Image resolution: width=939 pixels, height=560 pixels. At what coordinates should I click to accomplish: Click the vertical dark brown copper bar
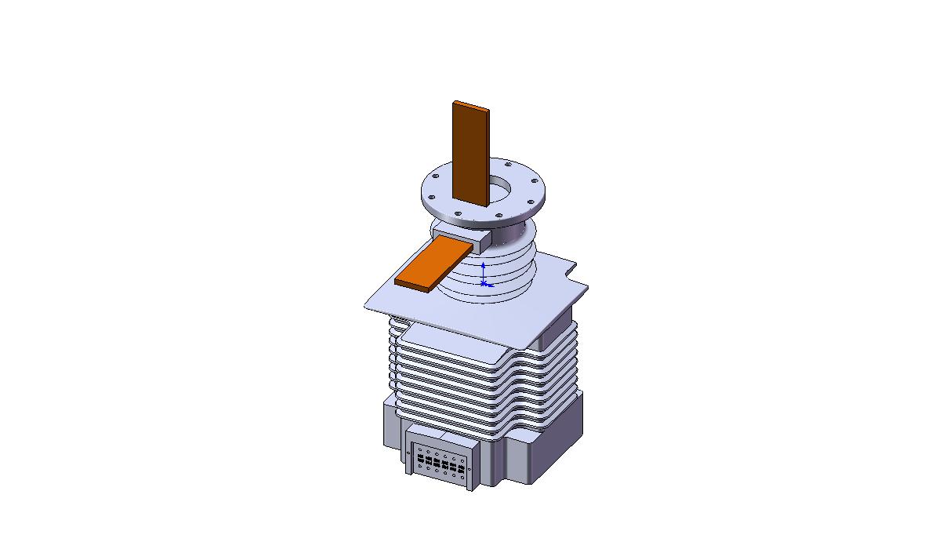[469, 157]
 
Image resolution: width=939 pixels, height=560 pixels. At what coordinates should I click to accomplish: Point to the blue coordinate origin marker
[484, 282]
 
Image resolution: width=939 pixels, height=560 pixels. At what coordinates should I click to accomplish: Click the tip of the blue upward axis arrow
[483, 265]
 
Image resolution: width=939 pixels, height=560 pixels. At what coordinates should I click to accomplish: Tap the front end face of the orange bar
[412, 283]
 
